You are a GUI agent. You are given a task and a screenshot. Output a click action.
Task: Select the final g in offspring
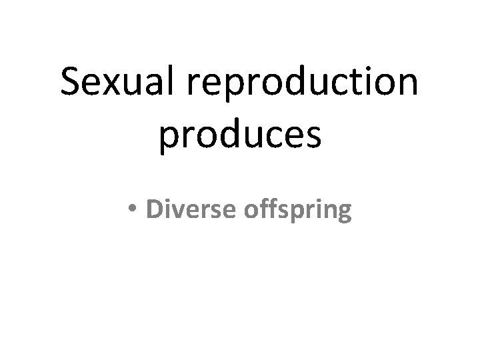click(x=344, y=213)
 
